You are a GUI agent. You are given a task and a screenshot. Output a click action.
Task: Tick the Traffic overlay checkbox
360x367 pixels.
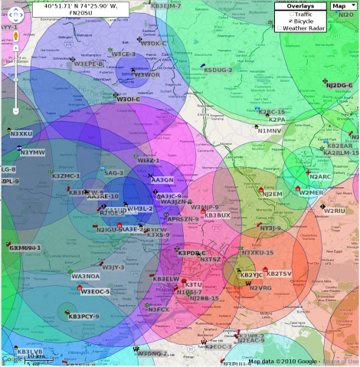coord(280,14)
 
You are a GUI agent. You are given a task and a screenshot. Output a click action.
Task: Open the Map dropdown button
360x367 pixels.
coord(342,5)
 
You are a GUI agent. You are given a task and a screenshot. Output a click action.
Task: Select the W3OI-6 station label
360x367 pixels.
coord(128,99)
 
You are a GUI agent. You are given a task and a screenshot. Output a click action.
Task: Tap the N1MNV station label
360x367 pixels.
coord(270,131)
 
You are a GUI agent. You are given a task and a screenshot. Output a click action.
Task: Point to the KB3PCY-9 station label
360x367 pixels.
coord(83,316)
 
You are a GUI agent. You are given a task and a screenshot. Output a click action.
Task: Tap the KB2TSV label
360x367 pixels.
coord(279,274)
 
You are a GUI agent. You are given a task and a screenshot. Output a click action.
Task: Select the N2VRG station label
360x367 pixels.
coord(260,288)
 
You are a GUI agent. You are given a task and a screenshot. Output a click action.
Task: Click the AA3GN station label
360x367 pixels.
coord(162,179)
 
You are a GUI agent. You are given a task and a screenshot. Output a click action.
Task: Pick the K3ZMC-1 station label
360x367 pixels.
coord(66,176)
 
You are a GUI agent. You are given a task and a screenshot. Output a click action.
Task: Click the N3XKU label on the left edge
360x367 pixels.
coord(21,133)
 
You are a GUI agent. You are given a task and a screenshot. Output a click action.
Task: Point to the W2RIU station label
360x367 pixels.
coord(335,210)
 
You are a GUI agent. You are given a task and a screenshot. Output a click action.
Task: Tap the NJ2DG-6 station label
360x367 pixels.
coord(338,86)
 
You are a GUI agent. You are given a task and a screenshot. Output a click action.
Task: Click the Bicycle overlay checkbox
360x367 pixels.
coord(280,21)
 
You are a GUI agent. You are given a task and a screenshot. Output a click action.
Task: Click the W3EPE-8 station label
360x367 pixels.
coord(89,64)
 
